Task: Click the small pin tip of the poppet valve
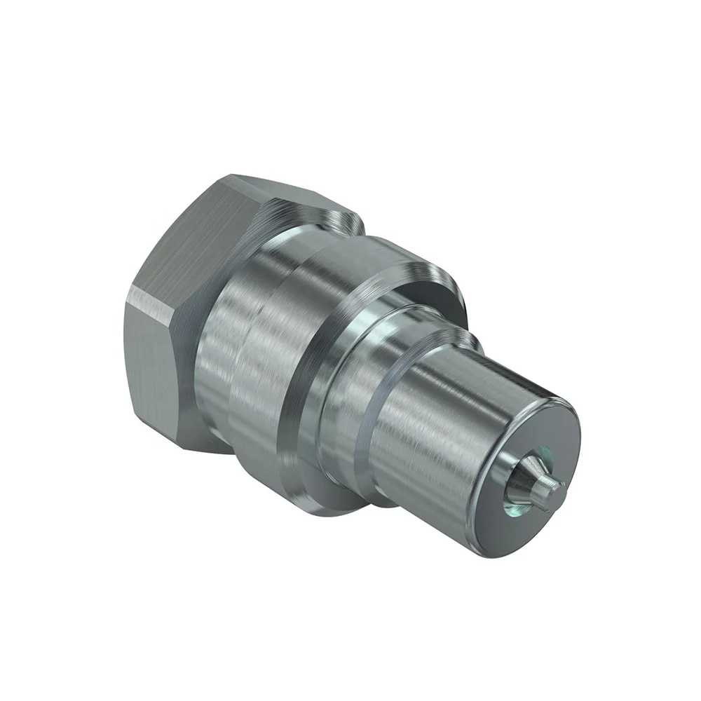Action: point(553,484)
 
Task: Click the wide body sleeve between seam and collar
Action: point(259,365)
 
